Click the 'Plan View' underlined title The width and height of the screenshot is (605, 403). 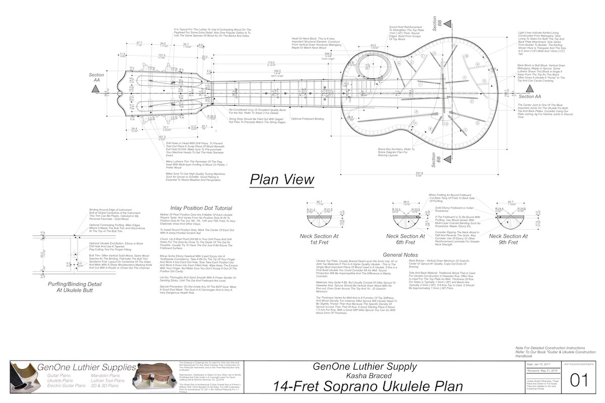click(x=282, y=179)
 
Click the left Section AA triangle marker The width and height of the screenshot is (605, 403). click(x=95, y=89)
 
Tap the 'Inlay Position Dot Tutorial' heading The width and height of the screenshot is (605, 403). click(x=201, y=208)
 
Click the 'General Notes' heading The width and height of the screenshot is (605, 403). click(x=400, y=255)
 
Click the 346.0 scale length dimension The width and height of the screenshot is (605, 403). click(x=328, y=53)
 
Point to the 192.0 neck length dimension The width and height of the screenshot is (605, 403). click(x=277, y=71)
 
